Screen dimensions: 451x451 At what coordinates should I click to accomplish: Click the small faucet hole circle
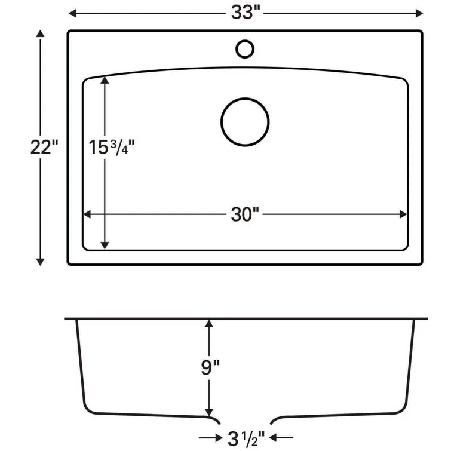click(244, 48)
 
